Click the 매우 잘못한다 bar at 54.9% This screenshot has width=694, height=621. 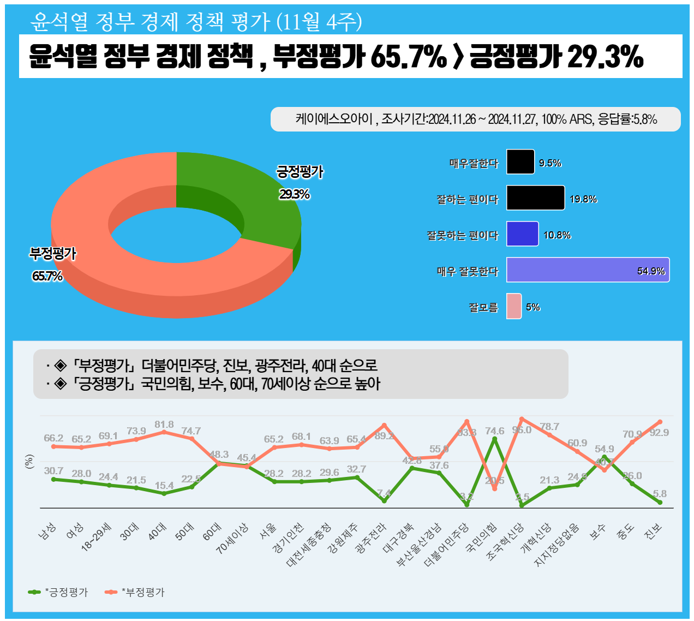coord(587,270)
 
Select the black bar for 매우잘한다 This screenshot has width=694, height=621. coord(520,162)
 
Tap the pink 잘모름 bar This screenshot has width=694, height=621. coord(513,306)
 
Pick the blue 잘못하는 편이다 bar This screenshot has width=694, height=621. coord(522,234)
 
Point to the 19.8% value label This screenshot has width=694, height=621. coord(583,199)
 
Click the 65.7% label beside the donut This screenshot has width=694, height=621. coord(47,276)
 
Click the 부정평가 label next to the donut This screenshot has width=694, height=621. coord(53,254)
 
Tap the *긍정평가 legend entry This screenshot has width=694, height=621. coord(58,592)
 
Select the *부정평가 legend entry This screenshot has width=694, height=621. coord(135,592)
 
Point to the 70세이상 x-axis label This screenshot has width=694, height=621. coord(233,539)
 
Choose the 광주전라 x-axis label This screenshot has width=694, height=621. coord(371,538)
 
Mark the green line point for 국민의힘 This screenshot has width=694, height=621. coord(494,439)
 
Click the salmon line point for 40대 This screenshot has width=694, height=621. coord(164,432)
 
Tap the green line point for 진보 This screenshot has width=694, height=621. coord(660,502)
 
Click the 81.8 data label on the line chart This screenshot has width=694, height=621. coord(164,424)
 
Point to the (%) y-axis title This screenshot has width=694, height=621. coord(29,462)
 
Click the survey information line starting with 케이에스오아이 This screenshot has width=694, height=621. coord(475,119)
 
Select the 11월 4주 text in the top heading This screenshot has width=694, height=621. coord(319,22)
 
